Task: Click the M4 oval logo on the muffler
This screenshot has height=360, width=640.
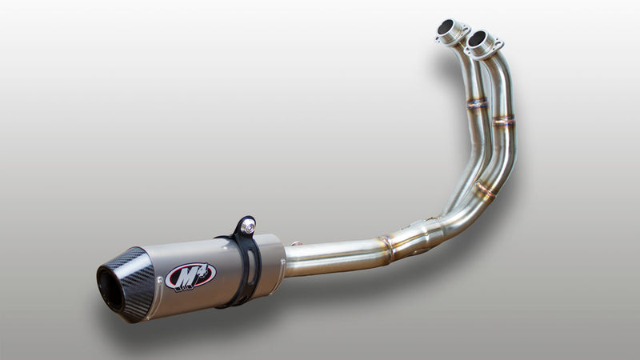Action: (190, 276)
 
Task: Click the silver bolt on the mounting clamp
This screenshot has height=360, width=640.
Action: (248, 227)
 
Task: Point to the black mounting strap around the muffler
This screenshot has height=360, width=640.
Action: (243, 268)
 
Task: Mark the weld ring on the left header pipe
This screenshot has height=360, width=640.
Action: (477, 103)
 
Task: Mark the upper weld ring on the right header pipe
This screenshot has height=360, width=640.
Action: (504, 120)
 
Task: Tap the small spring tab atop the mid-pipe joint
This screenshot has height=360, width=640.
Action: (296, 242)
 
